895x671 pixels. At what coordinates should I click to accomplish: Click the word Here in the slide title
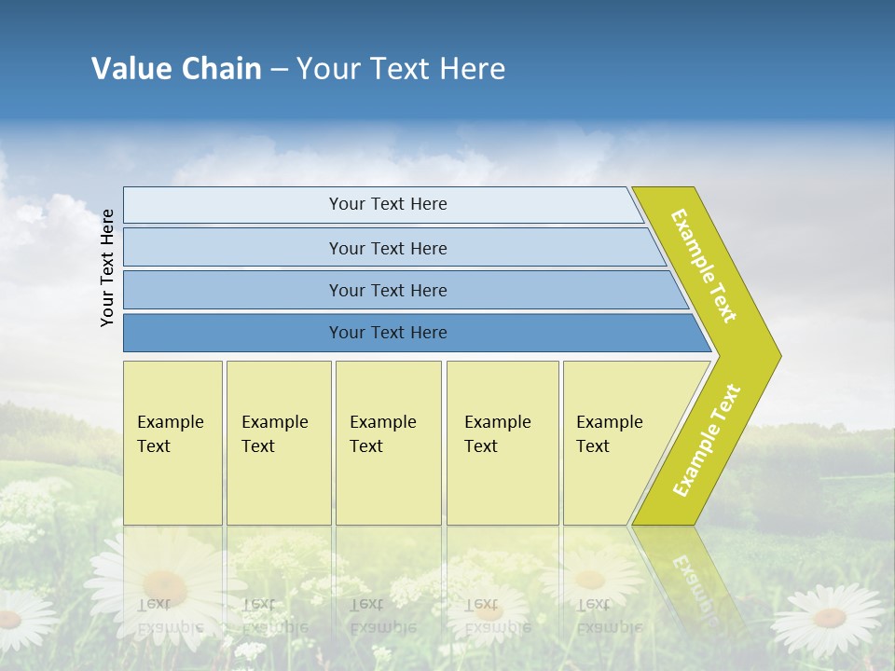click(472, 69)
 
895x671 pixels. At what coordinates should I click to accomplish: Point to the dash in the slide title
click(279, 70)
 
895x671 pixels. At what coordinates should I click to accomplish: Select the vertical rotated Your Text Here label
click(108, 267)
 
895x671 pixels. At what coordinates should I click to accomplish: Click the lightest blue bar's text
click(388, 204)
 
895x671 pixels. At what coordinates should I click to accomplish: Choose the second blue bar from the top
click(388, 248)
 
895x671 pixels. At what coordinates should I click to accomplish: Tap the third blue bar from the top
click(388, 290)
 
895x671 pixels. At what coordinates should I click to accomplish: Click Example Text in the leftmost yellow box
click(170, 434)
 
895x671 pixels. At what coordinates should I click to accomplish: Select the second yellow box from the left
click(278, 443)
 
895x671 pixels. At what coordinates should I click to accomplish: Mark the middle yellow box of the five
click(388, 443)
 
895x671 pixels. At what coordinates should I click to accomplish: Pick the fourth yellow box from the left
click(502, 443)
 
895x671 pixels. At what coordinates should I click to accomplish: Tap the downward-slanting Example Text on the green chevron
click(704, 266)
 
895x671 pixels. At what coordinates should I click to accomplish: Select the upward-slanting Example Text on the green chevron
click(707, 440)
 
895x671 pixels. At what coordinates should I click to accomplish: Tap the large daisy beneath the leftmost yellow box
click(165, 585)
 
